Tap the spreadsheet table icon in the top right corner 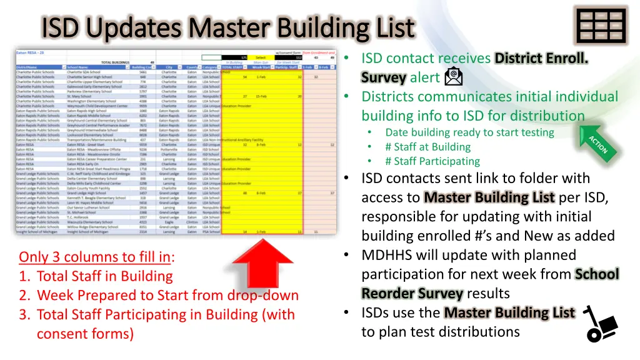pos(601,26)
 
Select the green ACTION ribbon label pos(597,145)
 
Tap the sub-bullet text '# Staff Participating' pos(432,161)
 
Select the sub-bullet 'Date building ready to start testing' pos(469,132)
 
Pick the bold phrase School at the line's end pos(597,274)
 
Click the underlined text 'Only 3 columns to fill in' pos(96,257)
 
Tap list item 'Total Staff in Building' pos(104,276)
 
